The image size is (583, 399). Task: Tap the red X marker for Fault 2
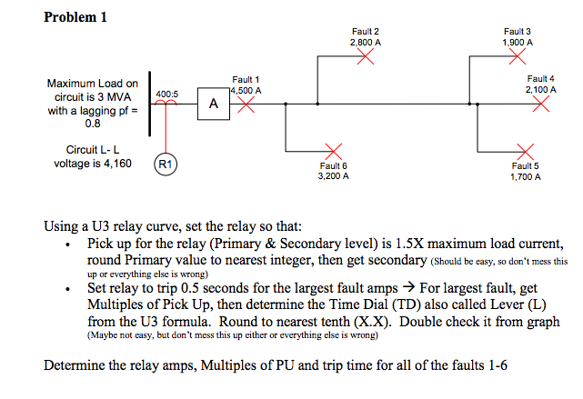tap(365, 58)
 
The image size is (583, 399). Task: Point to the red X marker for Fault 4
tap(541, 104)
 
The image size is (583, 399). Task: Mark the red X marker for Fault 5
tap(524, 150)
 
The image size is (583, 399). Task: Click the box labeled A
tap(212, 105)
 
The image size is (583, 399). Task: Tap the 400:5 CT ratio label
tap(167, 94)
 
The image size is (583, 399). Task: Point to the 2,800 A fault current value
tap(365, 42)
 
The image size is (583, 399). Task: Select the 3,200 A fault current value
tap(333, 175)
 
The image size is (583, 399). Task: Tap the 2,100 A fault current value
tap(541, 90)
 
